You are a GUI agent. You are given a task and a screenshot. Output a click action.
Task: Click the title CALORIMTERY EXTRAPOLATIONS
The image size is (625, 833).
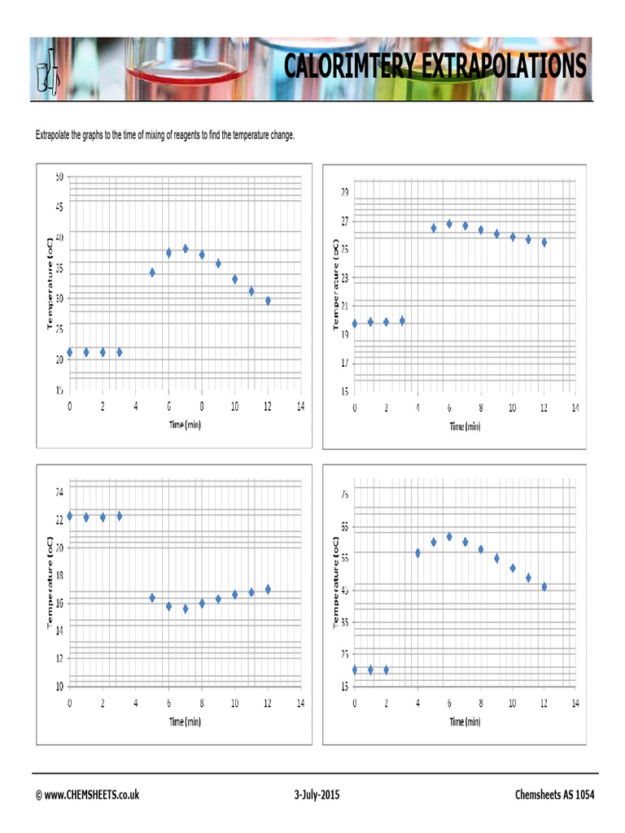[435, 66]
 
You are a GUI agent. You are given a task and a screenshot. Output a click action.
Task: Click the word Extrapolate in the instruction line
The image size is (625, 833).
[53, 135]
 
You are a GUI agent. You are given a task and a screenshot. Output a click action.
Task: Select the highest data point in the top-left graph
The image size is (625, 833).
[185, 249]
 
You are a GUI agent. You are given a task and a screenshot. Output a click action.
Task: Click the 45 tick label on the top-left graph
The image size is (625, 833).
[59, 207]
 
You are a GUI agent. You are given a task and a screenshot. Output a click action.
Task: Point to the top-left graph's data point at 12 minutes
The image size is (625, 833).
[268, 301]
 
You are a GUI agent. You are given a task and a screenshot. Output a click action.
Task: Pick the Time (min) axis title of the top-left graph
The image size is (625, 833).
[185, 425]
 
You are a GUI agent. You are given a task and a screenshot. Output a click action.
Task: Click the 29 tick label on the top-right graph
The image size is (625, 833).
[345, 193]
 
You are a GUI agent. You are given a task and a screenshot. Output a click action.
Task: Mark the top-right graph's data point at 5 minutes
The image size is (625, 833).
[434, 228]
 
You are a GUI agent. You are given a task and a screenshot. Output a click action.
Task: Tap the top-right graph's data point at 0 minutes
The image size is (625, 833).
[355, 324]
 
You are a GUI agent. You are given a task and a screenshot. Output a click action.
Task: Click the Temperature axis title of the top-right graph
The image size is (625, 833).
[336, 284]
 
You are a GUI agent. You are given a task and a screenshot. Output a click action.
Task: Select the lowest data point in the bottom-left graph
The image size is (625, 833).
[185, 608]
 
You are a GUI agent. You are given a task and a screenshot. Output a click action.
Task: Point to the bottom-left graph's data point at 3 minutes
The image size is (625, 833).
[120, 516]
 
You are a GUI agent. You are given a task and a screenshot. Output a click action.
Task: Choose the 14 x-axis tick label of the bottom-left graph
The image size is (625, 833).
[300, 703]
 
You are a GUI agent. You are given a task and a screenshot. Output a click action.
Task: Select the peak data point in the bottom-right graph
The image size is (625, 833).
[449, 537]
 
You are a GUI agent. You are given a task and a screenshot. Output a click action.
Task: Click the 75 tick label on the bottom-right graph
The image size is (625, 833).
[345, 494]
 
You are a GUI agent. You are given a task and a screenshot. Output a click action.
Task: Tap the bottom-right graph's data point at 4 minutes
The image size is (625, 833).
[417, 553]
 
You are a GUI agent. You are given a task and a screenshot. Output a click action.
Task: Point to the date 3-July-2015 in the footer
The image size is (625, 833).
[317, 795]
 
